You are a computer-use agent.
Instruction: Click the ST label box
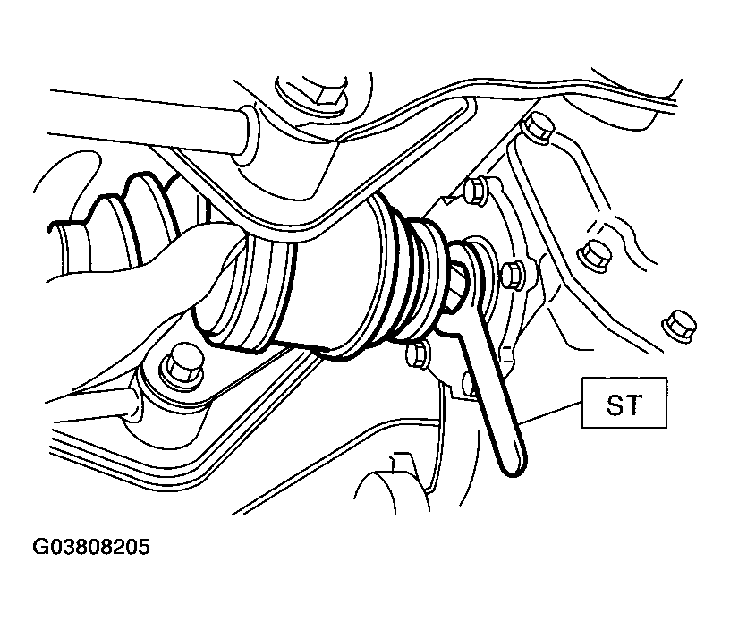pos(624,403)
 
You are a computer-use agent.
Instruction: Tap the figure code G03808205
pos(91,547)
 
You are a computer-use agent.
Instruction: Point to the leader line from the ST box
pos(551,413)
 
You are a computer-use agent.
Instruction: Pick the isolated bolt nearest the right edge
pos(679,325)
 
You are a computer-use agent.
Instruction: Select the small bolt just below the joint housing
pos(418,355)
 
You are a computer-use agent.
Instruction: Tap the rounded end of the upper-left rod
pos(246,135)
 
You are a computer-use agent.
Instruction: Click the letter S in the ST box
pos(615,404)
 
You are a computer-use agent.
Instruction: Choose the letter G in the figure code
pos(40,547)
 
